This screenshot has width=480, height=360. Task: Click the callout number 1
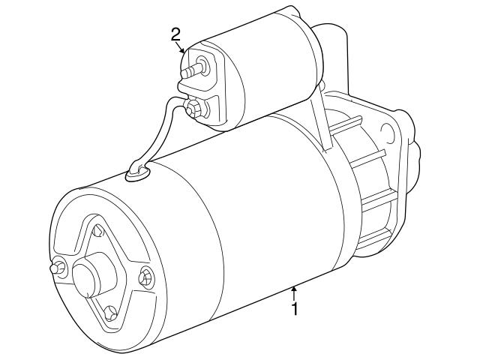295,308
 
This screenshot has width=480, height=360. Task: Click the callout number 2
176,34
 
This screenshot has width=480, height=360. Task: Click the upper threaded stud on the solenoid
193,70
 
